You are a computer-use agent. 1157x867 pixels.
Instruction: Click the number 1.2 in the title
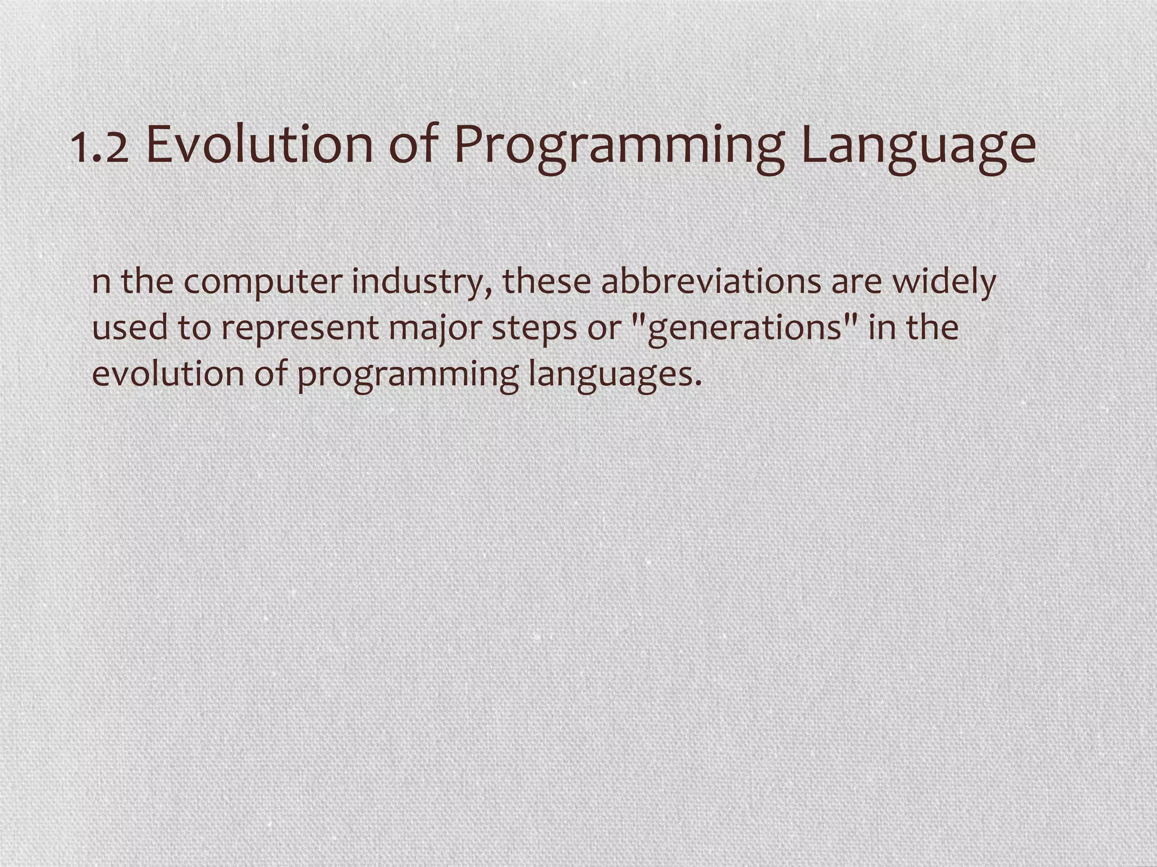tap(100, 146)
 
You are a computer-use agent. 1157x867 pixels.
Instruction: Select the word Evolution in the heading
tap(259, 144)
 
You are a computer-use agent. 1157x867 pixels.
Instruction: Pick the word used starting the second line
tap(129, 328)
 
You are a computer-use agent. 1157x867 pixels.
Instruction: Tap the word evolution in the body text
tap(168, 374)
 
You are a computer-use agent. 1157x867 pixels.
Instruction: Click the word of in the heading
tap(414, 144)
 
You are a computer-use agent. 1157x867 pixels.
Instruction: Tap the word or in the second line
tap(603, 329)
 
